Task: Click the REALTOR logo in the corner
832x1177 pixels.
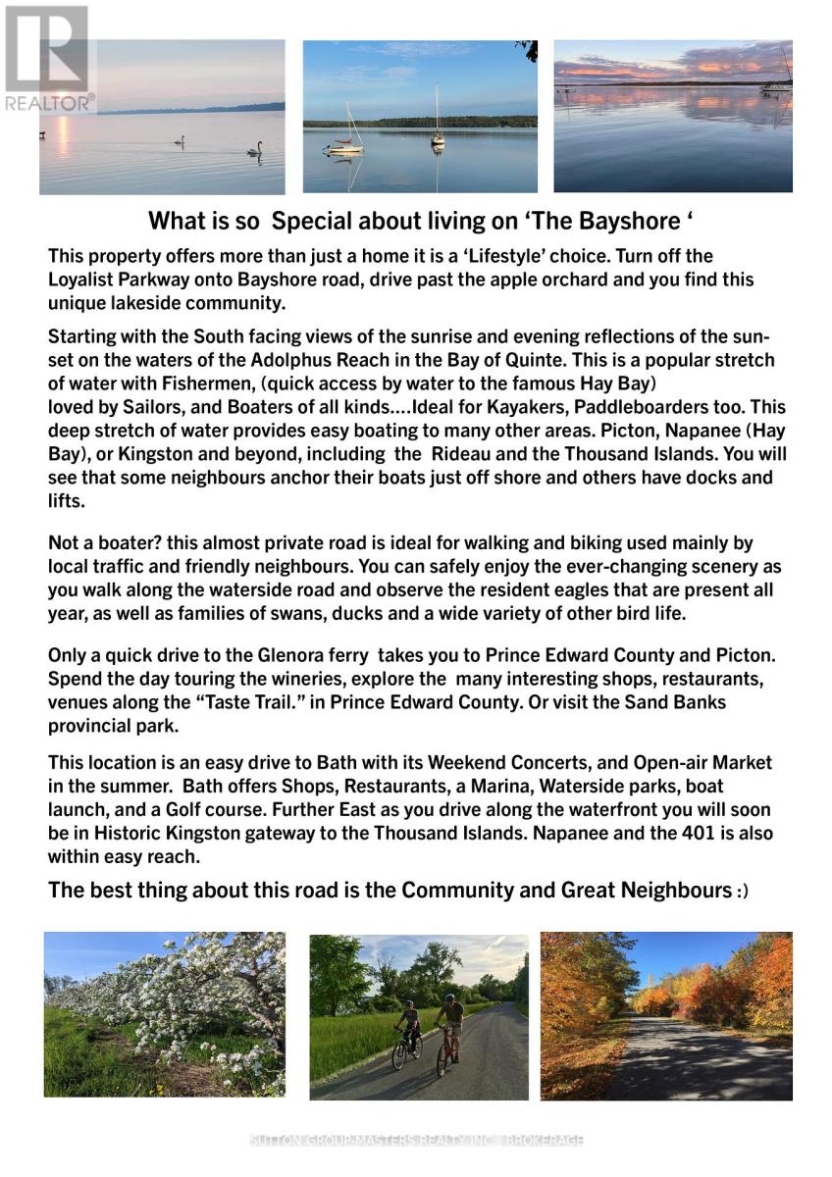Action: pos(46,58)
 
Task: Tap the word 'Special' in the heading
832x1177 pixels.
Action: pos(307,220)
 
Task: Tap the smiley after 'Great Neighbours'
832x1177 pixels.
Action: pos(742,893)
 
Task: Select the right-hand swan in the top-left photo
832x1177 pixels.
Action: pos(255,149)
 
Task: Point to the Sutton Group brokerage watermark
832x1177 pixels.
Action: pos(417,1141)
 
